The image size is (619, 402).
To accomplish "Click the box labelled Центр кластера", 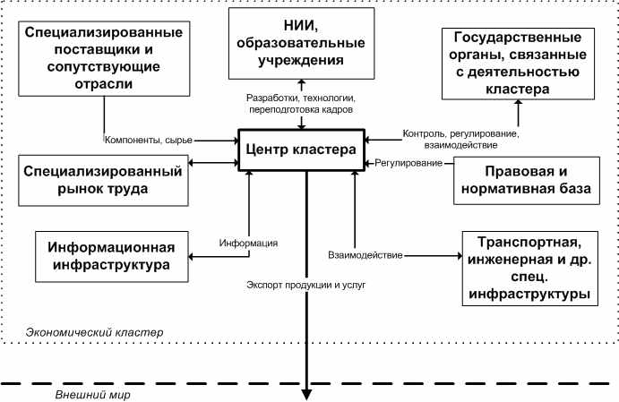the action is tap(302, 150).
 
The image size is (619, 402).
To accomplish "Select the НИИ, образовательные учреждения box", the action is tap(302, 43).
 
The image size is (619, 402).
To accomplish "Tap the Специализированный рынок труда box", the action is tap(103, 180).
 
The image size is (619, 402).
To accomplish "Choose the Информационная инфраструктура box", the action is tap(112, 256).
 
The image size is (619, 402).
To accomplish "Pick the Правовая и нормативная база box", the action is tap(527, 180).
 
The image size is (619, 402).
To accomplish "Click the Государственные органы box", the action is tap(518, 64).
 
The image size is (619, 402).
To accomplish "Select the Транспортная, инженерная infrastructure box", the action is tap(529, 269).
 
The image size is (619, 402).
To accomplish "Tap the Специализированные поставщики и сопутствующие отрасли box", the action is tap(104, 58).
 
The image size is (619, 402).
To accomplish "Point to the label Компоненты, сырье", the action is tap(149, 140).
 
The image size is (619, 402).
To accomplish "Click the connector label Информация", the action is tap(248, 243).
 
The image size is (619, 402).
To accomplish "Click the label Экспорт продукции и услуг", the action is tap(306, 285).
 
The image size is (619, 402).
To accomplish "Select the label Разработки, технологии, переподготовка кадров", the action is tap(301, 104).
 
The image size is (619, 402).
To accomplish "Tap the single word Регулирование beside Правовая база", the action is tap(408, 163).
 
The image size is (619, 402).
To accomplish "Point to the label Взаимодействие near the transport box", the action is tap(365, 255).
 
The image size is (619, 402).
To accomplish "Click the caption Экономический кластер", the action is tap(94, 332).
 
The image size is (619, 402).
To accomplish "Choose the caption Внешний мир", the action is tap(93, 395).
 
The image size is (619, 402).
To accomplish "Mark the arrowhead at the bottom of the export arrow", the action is tap(306, 395).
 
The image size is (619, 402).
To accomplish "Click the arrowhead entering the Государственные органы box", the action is tap(519, 102).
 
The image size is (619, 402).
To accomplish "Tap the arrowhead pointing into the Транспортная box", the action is tap(460, 256).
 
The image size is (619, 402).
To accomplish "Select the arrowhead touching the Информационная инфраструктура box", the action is tap(191, 256).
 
